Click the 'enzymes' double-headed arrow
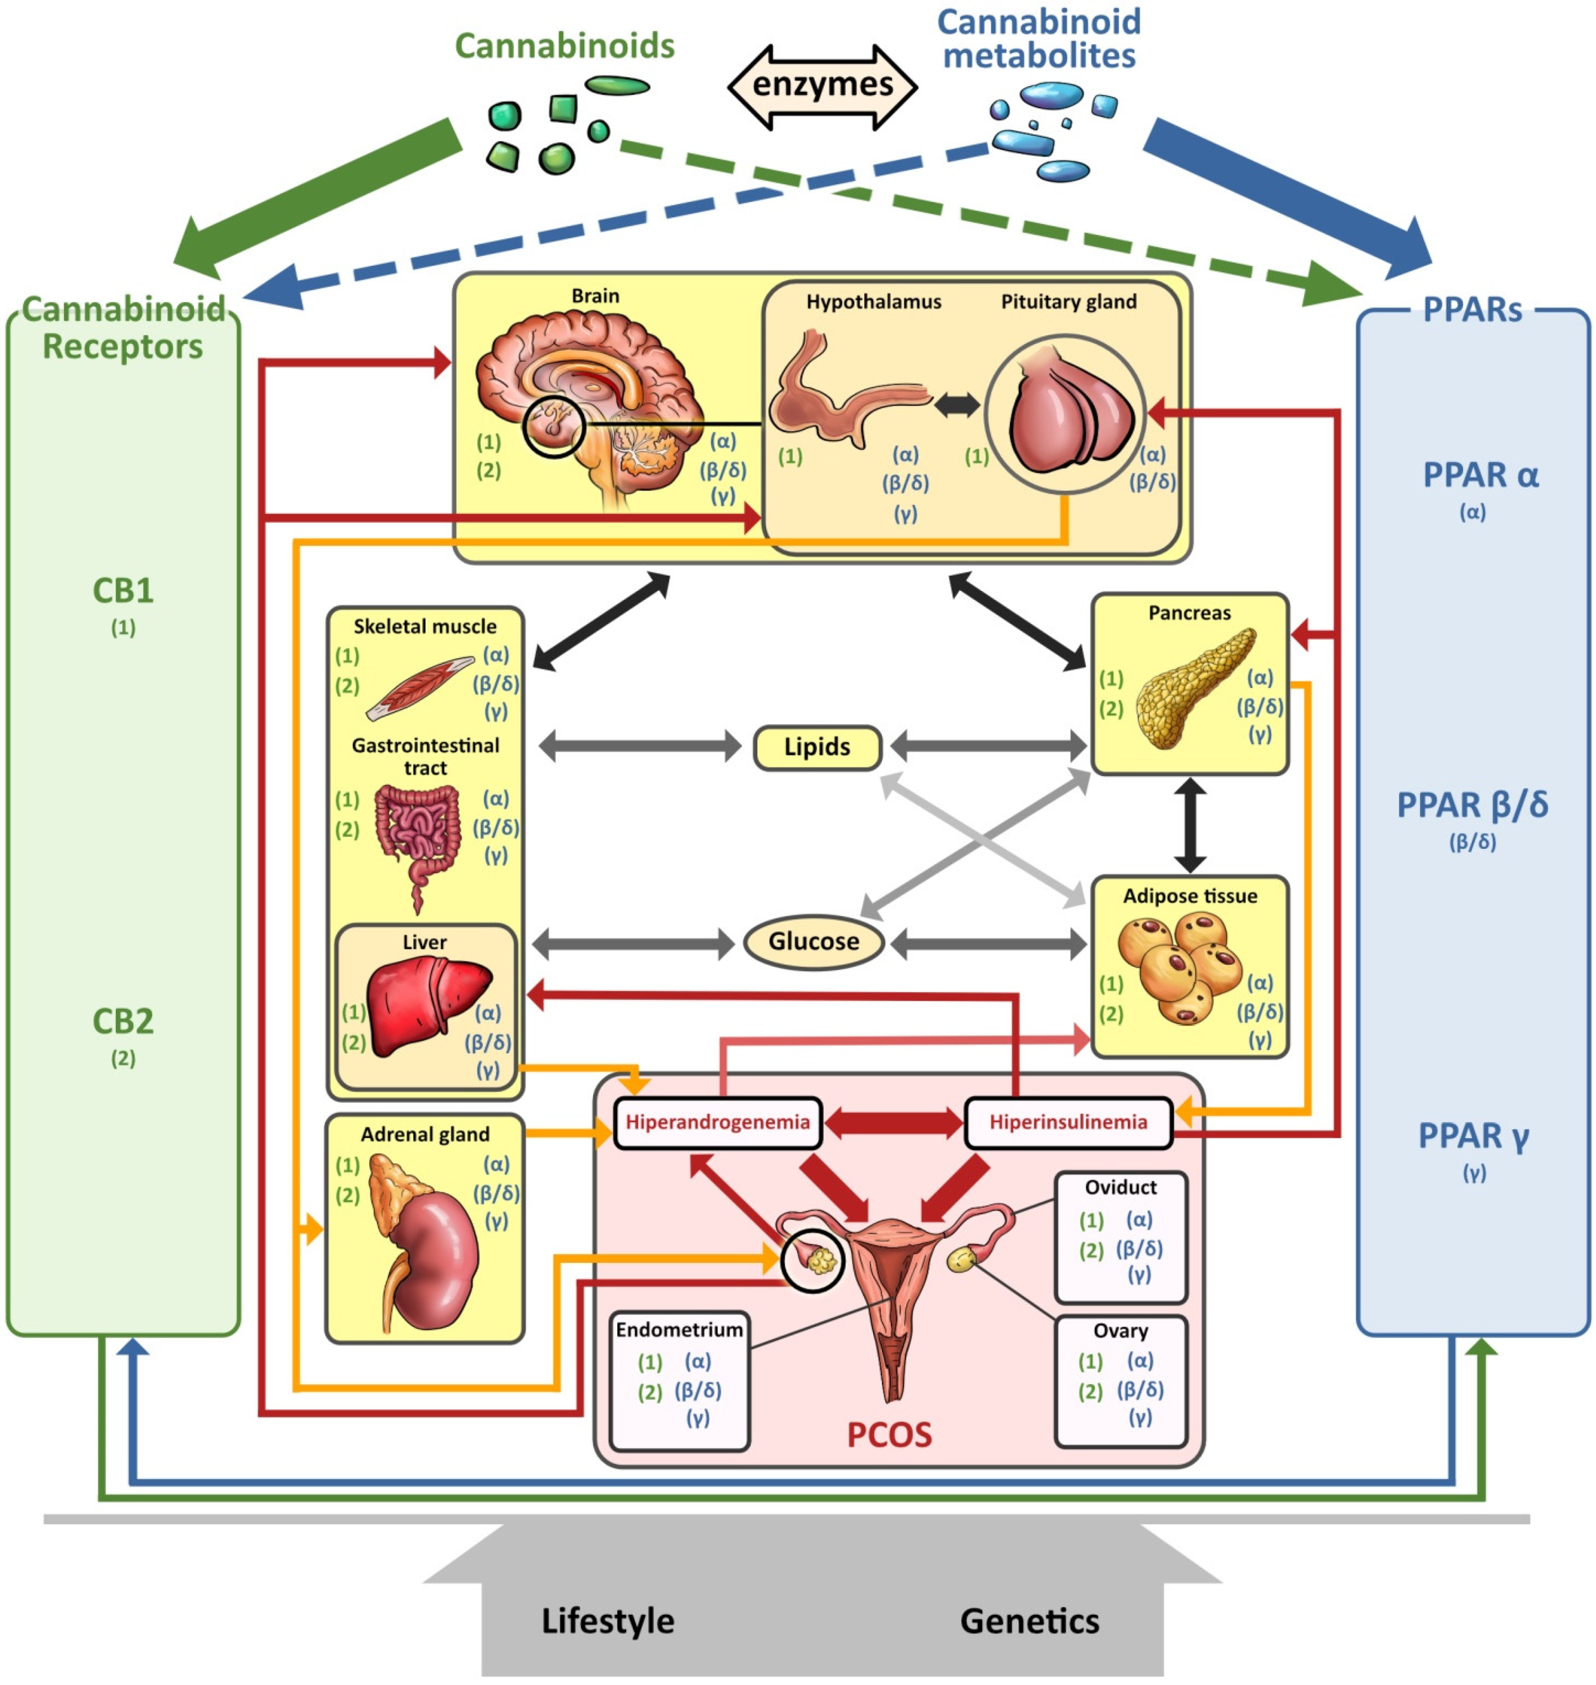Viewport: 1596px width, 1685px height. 823,86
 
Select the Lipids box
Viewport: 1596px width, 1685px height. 817,747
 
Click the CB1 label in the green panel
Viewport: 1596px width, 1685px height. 123,590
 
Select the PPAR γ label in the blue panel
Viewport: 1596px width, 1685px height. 1473,1136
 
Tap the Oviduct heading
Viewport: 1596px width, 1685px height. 1120,1187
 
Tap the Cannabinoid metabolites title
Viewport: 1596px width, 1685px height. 1039,39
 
